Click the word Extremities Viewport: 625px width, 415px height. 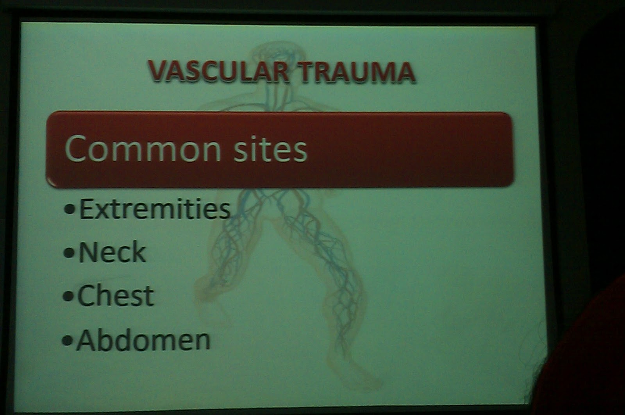(x=155, y=209)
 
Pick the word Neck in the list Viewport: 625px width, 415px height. (x=112, y=252)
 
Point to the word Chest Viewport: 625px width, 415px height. (x=116, y=296)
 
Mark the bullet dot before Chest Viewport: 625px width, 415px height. (x=68, y=297)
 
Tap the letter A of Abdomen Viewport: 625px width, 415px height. (x=87, y=340)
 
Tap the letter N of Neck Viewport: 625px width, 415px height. (x=88, y=252)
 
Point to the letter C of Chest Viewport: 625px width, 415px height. (x=86, y=296)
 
